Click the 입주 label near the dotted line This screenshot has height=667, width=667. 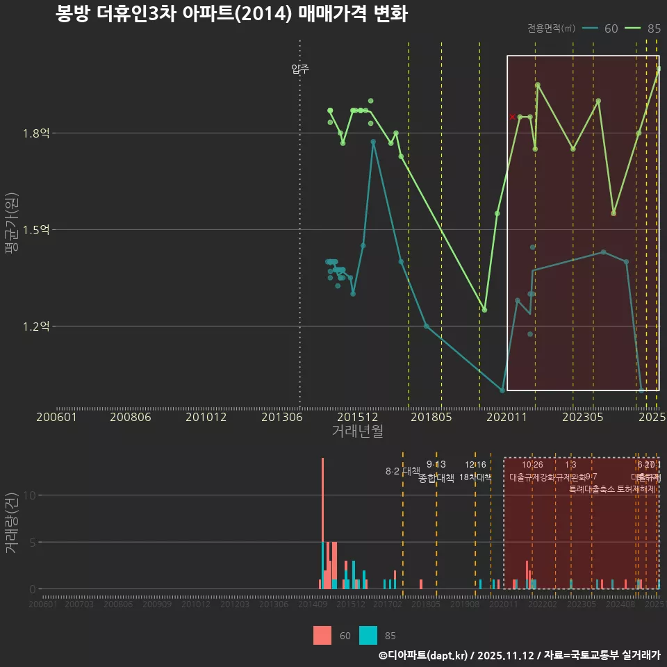click(300, 69)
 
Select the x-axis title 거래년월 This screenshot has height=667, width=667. click(357, 431)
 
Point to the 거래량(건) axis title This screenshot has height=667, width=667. click(11, 523)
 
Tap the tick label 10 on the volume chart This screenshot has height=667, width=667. click(29, 495)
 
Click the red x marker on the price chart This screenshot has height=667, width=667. click(513, 117)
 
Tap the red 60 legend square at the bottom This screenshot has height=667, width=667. click(322, 635)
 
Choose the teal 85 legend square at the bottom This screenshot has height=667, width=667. click(368, 635)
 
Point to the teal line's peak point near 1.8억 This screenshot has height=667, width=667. click(373, 142)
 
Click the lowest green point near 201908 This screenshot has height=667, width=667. click(484, 310)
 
